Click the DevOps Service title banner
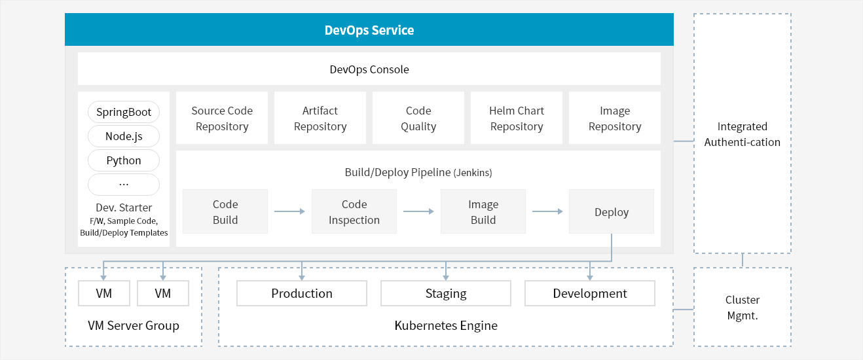pyautogui.click(x=369, y=29)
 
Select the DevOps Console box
pyautogui.click(x=369, y=69)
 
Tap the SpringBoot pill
pyautogui.click(x=124, y=112)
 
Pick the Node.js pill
pyautogui.click(x=124, y=136)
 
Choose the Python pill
pyautogui.click(x=124, y=160)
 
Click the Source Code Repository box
pyautogui.click(x=222, y=118)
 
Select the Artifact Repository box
pyautogui.click(x=320, y=118)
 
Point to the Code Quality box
pyautogui.click(x=418, y=118)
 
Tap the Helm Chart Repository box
pyautogui.click(x=517, y=118)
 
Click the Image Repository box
pyautogui.click(x=615, y=118)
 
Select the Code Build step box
pyautogui.click(x=225, y=211)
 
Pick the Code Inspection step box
pyautogui.click(x=354, y=211)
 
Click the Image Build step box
pyautogui.click(x=483, y=211)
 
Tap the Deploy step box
pyautogui.click(x=612, y=211)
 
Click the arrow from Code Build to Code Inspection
pyautogui.click(x=289, y=211)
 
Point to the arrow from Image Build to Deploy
pyautogui.click(x=547, y=211)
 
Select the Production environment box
pyautogui.click(x=302, y=293)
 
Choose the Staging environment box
pyautogui.click(x=446, y=293)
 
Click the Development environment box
pyautogui.click(x=590, y=293)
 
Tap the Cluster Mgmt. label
pyautogui.click(x=743, y=308)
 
